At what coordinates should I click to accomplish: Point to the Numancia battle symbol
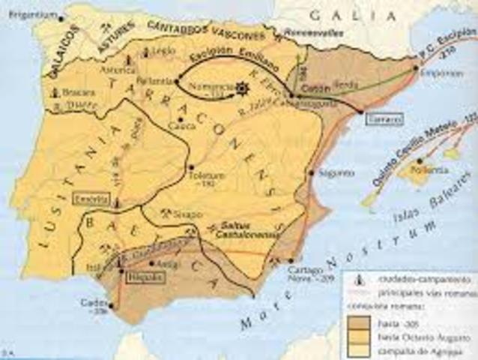[241, 88]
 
